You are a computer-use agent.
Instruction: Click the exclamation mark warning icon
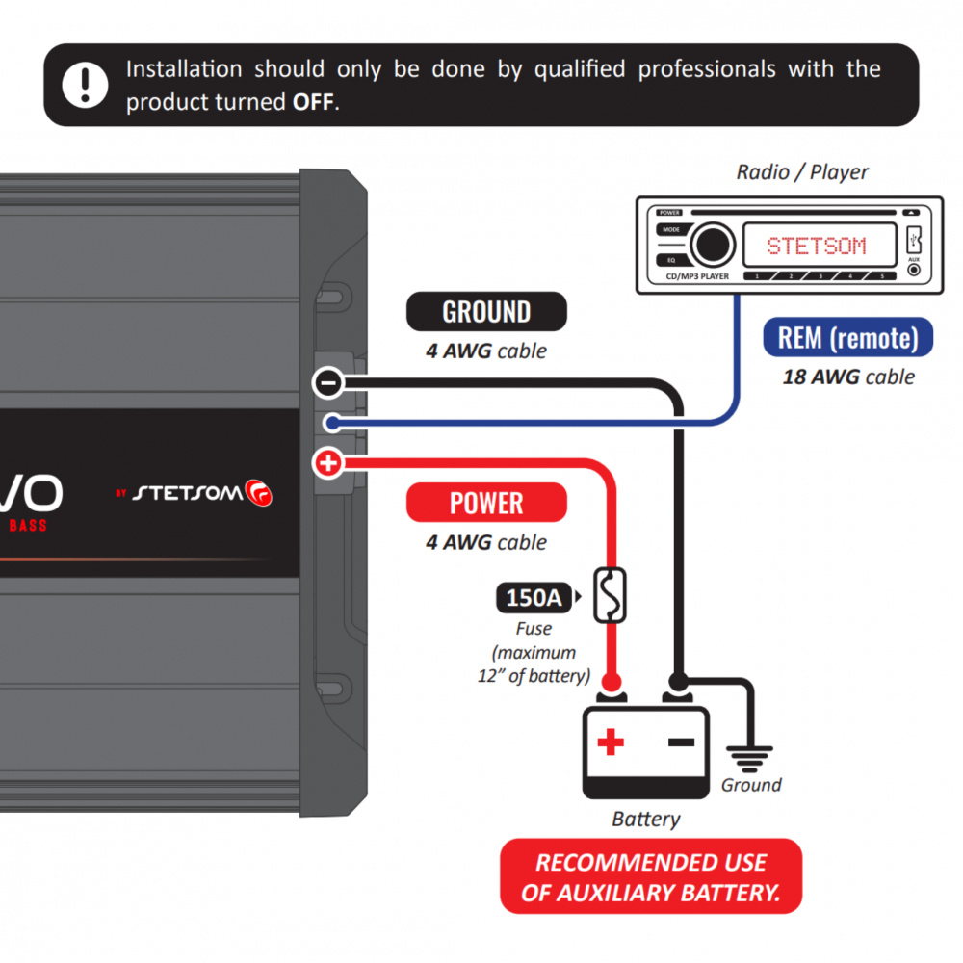(86, 85)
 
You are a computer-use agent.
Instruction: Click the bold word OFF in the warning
(315, 102)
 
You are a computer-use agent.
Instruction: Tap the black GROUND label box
(486, 312)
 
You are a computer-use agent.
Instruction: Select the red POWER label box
(486, 503)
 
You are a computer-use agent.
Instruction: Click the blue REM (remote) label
(847, 338)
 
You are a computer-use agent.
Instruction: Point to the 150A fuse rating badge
(533, 598)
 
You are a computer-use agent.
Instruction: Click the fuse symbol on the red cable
(610, 595)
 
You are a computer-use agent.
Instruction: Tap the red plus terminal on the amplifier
(328, 464)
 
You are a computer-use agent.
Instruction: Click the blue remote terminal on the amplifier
(329, 423)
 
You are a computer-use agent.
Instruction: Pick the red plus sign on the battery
(610, 742)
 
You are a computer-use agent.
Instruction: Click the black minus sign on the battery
(681, 742)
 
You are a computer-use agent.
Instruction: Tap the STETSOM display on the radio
(817, 246)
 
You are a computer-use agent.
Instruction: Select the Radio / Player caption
(802, 172)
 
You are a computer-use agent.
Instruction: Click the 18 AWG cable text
(847, 377)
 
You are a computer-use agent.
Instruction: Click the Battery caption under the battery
(646, 820)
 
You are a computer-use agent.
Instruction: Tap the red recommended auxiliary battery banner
(651, 876)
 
